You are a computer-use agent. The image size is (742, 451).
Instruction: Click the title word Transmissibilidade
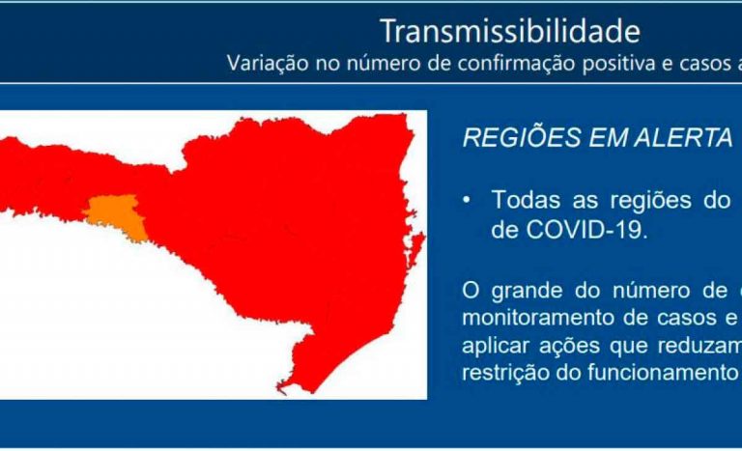(510, 31)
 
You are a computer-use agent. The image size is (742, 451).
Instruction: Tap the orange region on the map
(116, 216)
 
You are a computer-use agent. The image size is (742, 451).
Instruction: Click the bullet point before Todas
(467, 201)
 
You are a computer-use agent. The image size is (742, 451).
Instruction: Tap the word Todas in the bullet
(527, 200)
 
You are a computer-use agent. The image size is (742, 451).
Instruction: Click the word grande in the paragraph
(528, 291)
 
